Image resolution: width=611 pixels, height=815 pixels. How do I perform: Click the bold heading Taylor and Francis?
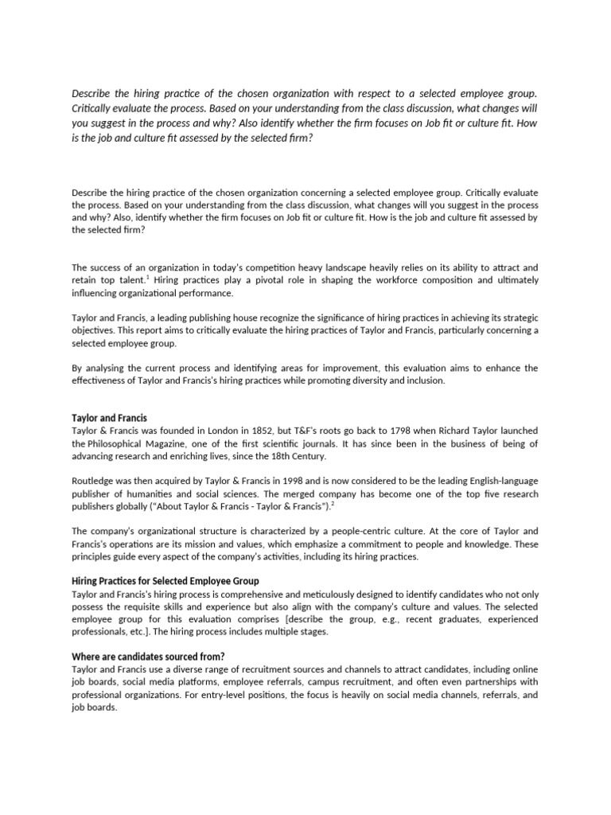(x=109, y=418)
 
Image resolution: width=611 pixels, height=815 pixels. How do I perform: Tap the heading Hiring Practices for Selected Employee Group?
(x=165, y=581)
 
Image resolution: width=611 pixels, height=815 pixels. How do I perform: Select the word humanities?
(x=149, y=493)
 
